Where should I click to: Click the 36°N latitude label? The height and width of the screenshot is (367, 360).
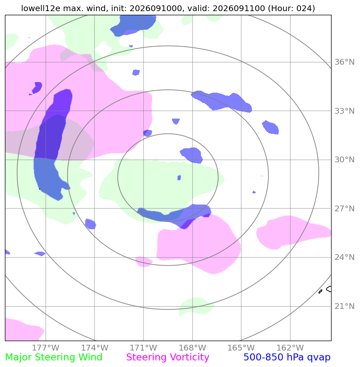[x=344, y=62]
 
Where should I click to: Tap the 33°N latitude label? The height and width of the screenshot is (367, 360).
[x=344, y=111]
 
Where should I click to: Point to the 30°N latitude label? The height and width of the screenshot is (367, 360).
[x=344, y=160]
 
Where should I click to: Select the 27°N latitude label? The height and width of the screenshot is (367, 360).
[x=344, y=208]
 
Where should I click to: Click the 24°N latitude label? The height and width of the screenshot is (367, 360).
[x=344, y=257]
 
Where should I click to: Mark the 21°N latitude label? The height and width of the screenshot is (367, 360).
[x=344, y=306]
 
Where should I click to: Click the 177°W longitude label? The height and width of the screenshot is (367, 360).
[x=46, y=348]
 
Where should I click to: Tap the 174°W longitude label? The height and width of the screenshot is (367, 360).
[x=95, y=348]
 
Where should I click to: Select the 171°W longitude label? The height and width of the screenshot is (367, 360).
[x=144, y=348]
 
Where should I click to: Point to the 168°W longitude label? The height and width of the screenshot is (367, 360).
[x=193, y=348]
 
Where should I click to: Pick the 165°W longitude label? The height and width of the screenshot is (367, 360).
[x=241, y=348]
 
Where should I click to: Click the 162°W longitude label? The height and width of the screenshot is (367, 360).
[x=290, y=348]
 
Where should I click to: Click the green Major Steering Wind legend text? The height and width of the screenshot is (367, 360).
[x=54, y=358]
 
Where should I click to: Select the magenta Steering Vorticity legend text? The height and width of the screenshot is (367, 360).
[x=167, y=358]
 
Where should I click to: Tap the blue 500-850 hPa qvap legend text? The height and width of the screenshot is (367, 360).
[x=287, y=358]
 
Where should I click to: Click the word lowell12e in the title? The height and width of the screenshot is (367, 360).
[x=41, y=8]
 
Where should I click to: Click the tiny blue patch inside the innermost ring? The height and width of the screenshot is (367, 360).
[x=179, y=178]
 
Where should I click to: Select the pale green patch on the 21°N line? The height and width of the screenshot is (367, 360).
[x=196, y=306]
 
